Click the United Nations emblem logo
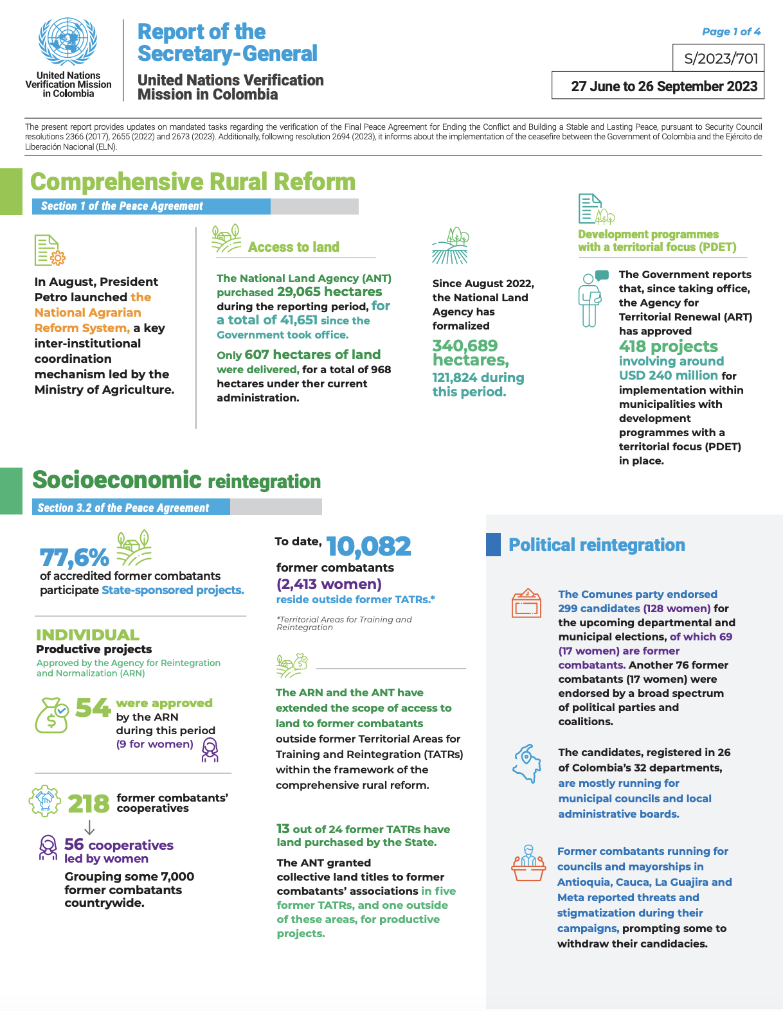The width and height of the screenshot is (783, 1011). [x=67, y=42]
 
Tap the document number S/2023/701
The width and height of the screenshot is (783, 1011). [x=721, y=59]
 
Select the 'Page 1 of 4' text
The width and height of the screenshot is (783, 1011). [x=731, y=31]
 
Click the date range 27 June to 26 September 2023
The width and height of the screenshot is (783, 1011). [x=663, y=86]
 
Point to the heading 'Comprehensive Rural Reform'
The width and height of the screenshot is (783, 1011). [x=193, y=182]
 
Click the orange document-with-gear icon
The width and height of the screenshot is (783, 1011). [x=50, y=250]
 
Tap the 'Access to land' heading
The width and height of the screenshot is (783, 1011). [x=293, y=247]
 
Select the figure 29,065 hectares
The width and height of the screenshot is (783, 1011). [x=329, y=292]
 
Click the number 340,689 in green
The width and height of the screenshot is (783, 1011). [x=465, y=346]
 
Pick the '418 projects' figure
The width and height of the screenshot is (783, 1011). [x=668, y=346]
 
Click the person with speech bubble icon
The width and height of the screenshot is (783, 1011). [x=592, y=298]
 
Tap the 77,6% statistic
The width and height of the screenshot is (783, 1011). [x=74, y=556]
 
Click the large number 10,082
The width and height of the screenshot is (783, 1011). [x=368, y=547]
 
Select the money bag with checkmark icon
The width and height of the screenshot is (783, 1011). [x=51, y=715]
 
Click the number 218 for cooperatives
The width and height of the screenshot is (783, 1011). [x=89, y=804]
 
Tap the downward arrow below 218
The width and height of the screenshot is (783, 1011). [x=89, y=827]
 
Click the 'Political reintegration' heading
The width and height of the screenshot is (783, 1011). [x=597, y=545]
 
